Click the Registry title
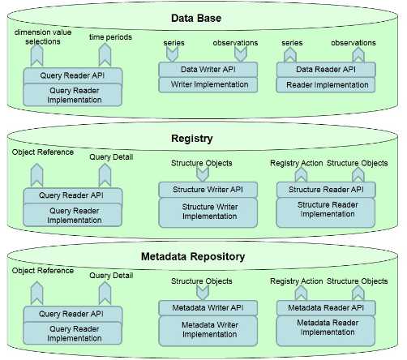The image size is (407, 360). click(x=203, y=139)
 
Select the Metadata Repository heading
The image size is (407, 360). click(x=203, y=257)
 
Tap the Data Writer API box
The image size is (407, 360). click(x=208, y=71)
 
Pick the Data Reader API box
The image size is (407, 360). click(x=326, y=71)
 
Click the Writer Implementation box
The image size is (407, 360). click(x=208, y=84)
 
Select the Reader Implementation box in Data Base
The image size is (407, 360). click(x=326, y=84)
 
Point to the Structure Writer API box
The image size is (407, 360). click(x=208, y=190)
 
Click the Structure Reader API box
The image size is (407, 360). click(x=326, y=190)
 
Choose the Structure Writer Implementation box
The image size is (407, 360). click(x=208, y=211)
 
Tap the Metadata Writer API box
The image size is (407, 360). click(x=208, y=308)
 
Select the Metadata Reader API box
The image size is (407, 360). click(x=326, y=308)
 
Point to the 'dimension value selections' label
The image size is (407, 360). click(x=39, y=37)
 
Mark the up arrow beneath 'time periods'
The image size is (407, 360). click(x=104, y=55)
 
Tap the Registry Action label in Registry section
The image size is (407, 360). click(x=296, y=163)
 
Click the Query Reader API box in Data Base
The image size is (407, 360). click(x=73, y=76)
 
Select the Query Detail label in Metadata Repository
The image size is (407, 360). click(x=111, y=276)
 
